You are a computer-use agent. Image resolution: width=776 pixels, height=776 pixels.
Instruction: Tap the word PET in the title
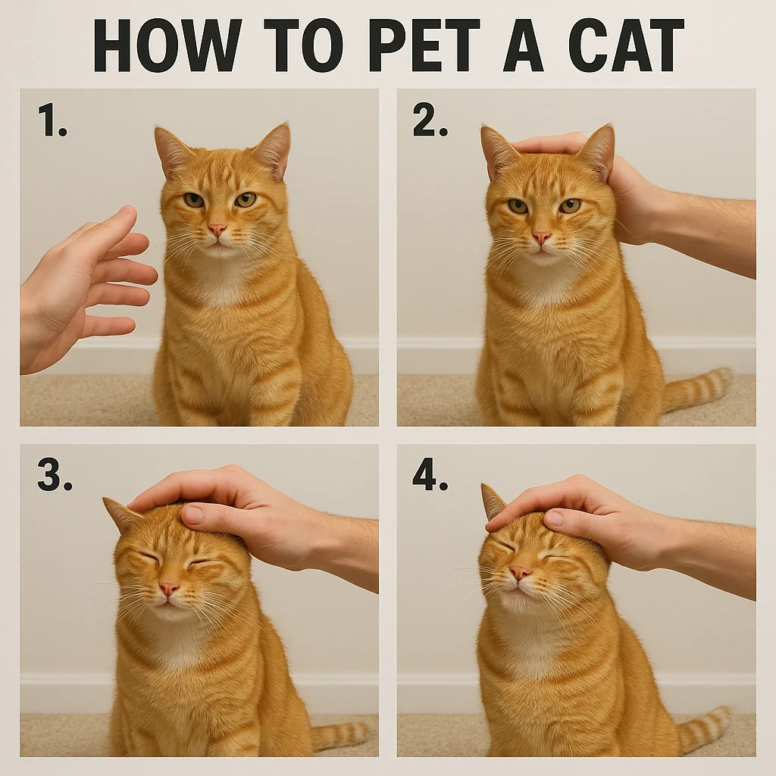point(424,45)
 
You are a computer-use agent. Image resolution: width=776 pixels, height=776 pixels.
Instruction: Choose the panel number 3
point(55,476)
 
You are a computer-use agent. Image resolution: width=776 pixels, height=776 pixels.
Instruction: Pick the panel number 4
point(430,476)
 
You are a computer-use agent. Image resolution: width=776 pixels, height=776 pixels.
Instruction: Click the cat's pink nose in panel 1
point(217,230)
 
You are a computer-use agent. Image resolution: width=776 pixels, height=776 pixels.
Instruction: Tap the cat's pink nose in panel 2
point(540,237)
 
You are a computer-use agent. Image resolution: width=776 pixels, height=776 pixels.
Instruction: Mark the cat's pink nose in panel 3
point(169,588)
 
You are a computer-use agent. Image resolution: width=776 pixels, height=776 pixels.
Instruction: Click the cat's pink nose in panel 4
point(520,572)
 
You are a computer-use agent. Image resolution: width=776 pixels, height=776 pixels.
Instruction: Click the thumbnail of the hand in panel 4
point(554,518)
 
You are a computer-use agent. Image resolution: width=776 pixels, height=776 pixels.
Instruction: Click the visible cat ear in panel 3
point(121,515)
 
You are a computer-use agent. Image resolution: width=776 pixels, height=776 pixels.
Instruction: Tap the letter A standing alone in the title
point(524,45)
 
